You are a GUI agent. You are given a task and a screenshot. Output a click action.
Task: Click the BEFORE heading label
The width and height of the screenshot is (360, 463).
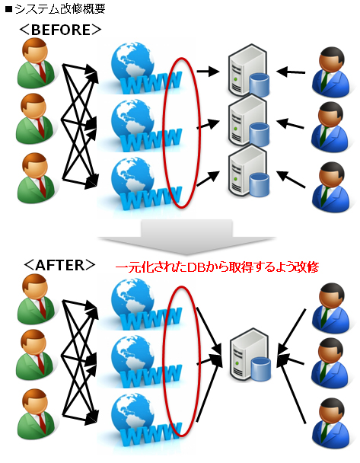click(x=60, y=30)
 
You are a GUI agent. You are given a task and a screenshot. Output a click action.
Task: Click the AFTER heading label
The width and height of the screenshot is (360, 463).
click(x=59, y=265)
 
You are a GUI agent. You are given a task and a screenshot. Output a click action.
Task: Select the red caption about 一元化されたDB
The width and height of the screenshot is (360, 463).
click(x=217, y=267)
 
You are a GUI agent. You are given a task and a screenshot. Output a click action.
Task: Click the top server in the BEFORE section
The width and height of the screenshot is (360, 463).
click(x=248, y=71)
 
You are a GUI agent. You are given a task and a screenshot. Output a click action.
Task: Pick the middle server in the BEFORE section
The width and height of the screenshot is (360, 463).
click(x=248, y=122)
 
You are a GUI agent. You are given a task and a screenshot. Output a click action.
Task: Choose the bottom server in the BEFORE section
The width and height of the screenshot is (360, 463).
click(x=248, y=172)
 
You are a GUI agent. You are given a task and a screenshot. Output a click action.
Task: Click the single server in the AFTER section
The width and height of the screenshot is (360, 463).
click(x=250, y=354)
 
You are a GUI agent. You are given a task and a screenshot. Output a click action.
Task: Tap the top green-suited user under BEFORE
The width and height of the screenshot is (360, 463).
click(x=36, y=62)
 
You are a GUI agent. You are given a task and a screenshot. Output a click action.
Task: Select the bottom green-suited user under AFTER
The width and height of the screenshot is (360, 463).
click(x=36, y=414)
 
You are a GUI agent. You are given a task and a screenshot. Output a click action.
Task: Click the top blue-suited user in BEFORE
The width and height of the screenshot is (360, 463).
click(x=332, y=72)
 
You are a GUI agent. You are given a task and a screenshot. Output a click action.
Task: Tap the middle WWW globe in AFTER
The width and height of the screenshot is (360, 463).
click(x=145, y=361)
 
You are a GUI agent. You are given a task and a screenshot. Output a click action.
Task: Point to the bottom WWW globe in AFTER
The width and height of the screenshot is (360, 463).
click(x=145, y=420)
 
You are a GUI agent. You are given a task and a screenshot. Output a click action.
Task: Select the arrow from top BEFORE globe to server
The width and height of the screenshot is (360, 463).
click(x=208, y=71)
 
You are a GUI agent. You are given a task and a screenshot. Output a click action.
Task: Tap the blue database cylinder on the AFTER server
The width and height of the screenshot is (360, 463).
click(x=261, y=369)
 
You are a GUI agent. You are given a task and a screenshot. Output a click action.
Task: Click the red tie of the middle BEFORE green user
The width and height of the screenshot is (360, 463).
click(x=41, y=128)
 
